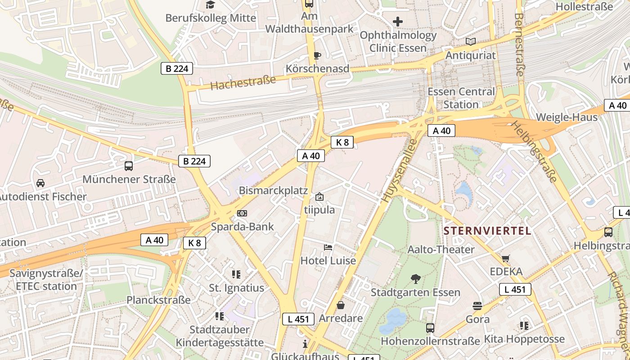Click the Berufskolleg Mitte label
click(x=211, y=18)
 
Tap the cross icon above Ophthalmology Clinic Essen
click(x=398, y=21)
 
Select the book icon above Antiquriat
click(x=471, y=42)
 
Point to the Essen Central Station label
click(x=461, y=98)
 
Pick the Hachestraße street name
click(x=243, y=83)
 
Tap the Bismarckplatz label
click(x=273, y=190)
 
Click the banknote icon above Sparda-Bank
click(x=242, y=213)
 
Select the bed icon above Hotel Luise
click(x=328, y=247)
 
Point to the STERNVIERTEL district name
click(x=487, y=231)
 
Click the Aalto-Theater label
click(x=441, y=249)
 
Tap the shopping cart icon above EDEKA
click(x=506, y=258)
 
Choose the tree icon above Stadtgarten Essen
click(x=416, y=279)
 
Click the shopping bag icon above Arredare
click(x=341, y=306)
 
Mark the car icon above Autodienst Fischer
click(x=40, y=183)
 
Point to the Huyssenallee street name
click(x=399, y=171)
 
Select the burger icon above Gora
click(x=477, y=306)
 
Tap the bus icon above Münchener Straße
click(x=129, y=166)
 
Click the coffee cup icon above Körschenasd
click(x=317, y=55)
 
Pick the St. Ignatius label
click(x=236, y=288)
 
